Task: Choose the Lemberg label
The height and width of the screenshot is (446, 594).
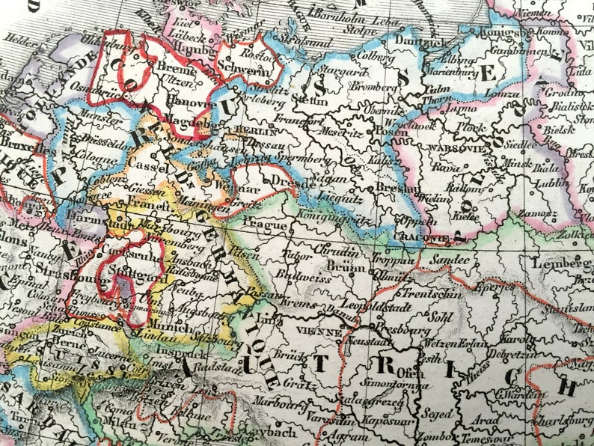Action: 561,263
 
